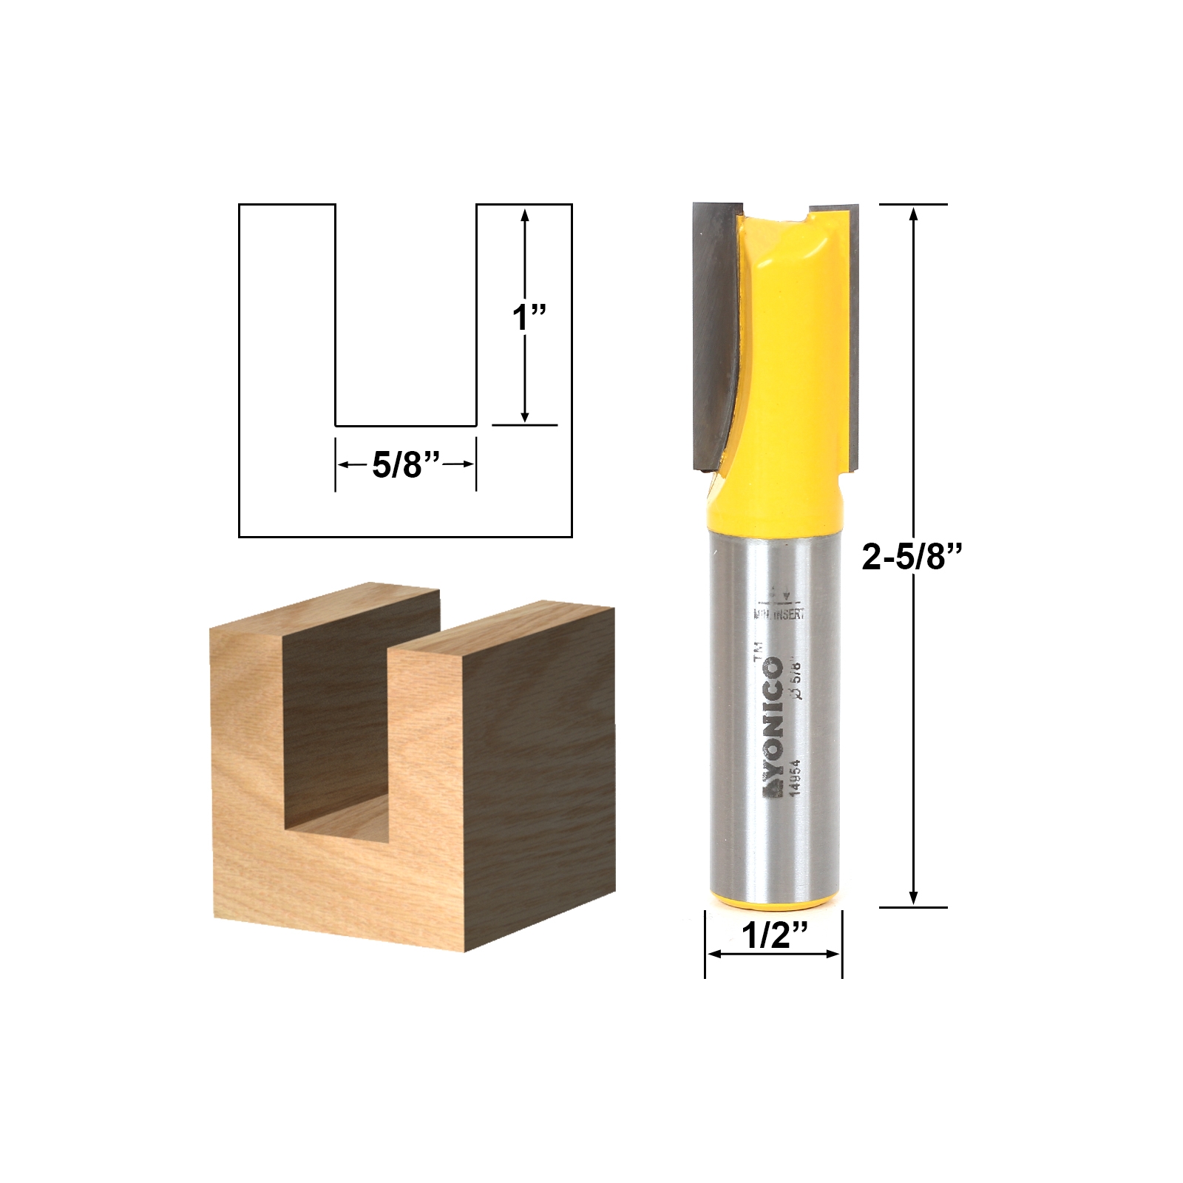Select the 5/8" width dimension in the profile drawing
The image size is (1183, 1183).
406,465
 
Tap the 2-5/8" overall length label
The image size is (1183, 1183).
914,557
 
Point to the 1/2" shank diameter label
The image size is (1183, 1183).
773,937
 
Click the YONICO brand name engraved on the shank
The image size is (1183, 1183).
773,728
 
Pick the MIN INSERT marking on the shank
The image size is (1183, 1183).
779,613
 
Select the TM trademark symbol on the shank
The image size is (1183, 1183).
756,650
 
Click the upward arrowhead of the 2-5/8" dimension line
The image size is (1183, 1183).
914,214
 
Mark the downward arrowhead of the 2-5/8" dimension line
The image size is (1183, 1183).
914,898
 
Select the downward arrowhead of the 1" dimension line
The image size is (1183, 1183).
525,416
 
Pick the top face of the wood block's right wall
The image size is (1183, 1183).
503,628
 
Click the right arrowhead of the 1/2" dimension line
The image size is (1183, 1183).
835,954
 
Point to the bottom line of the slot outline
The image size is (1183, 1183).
405,426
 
